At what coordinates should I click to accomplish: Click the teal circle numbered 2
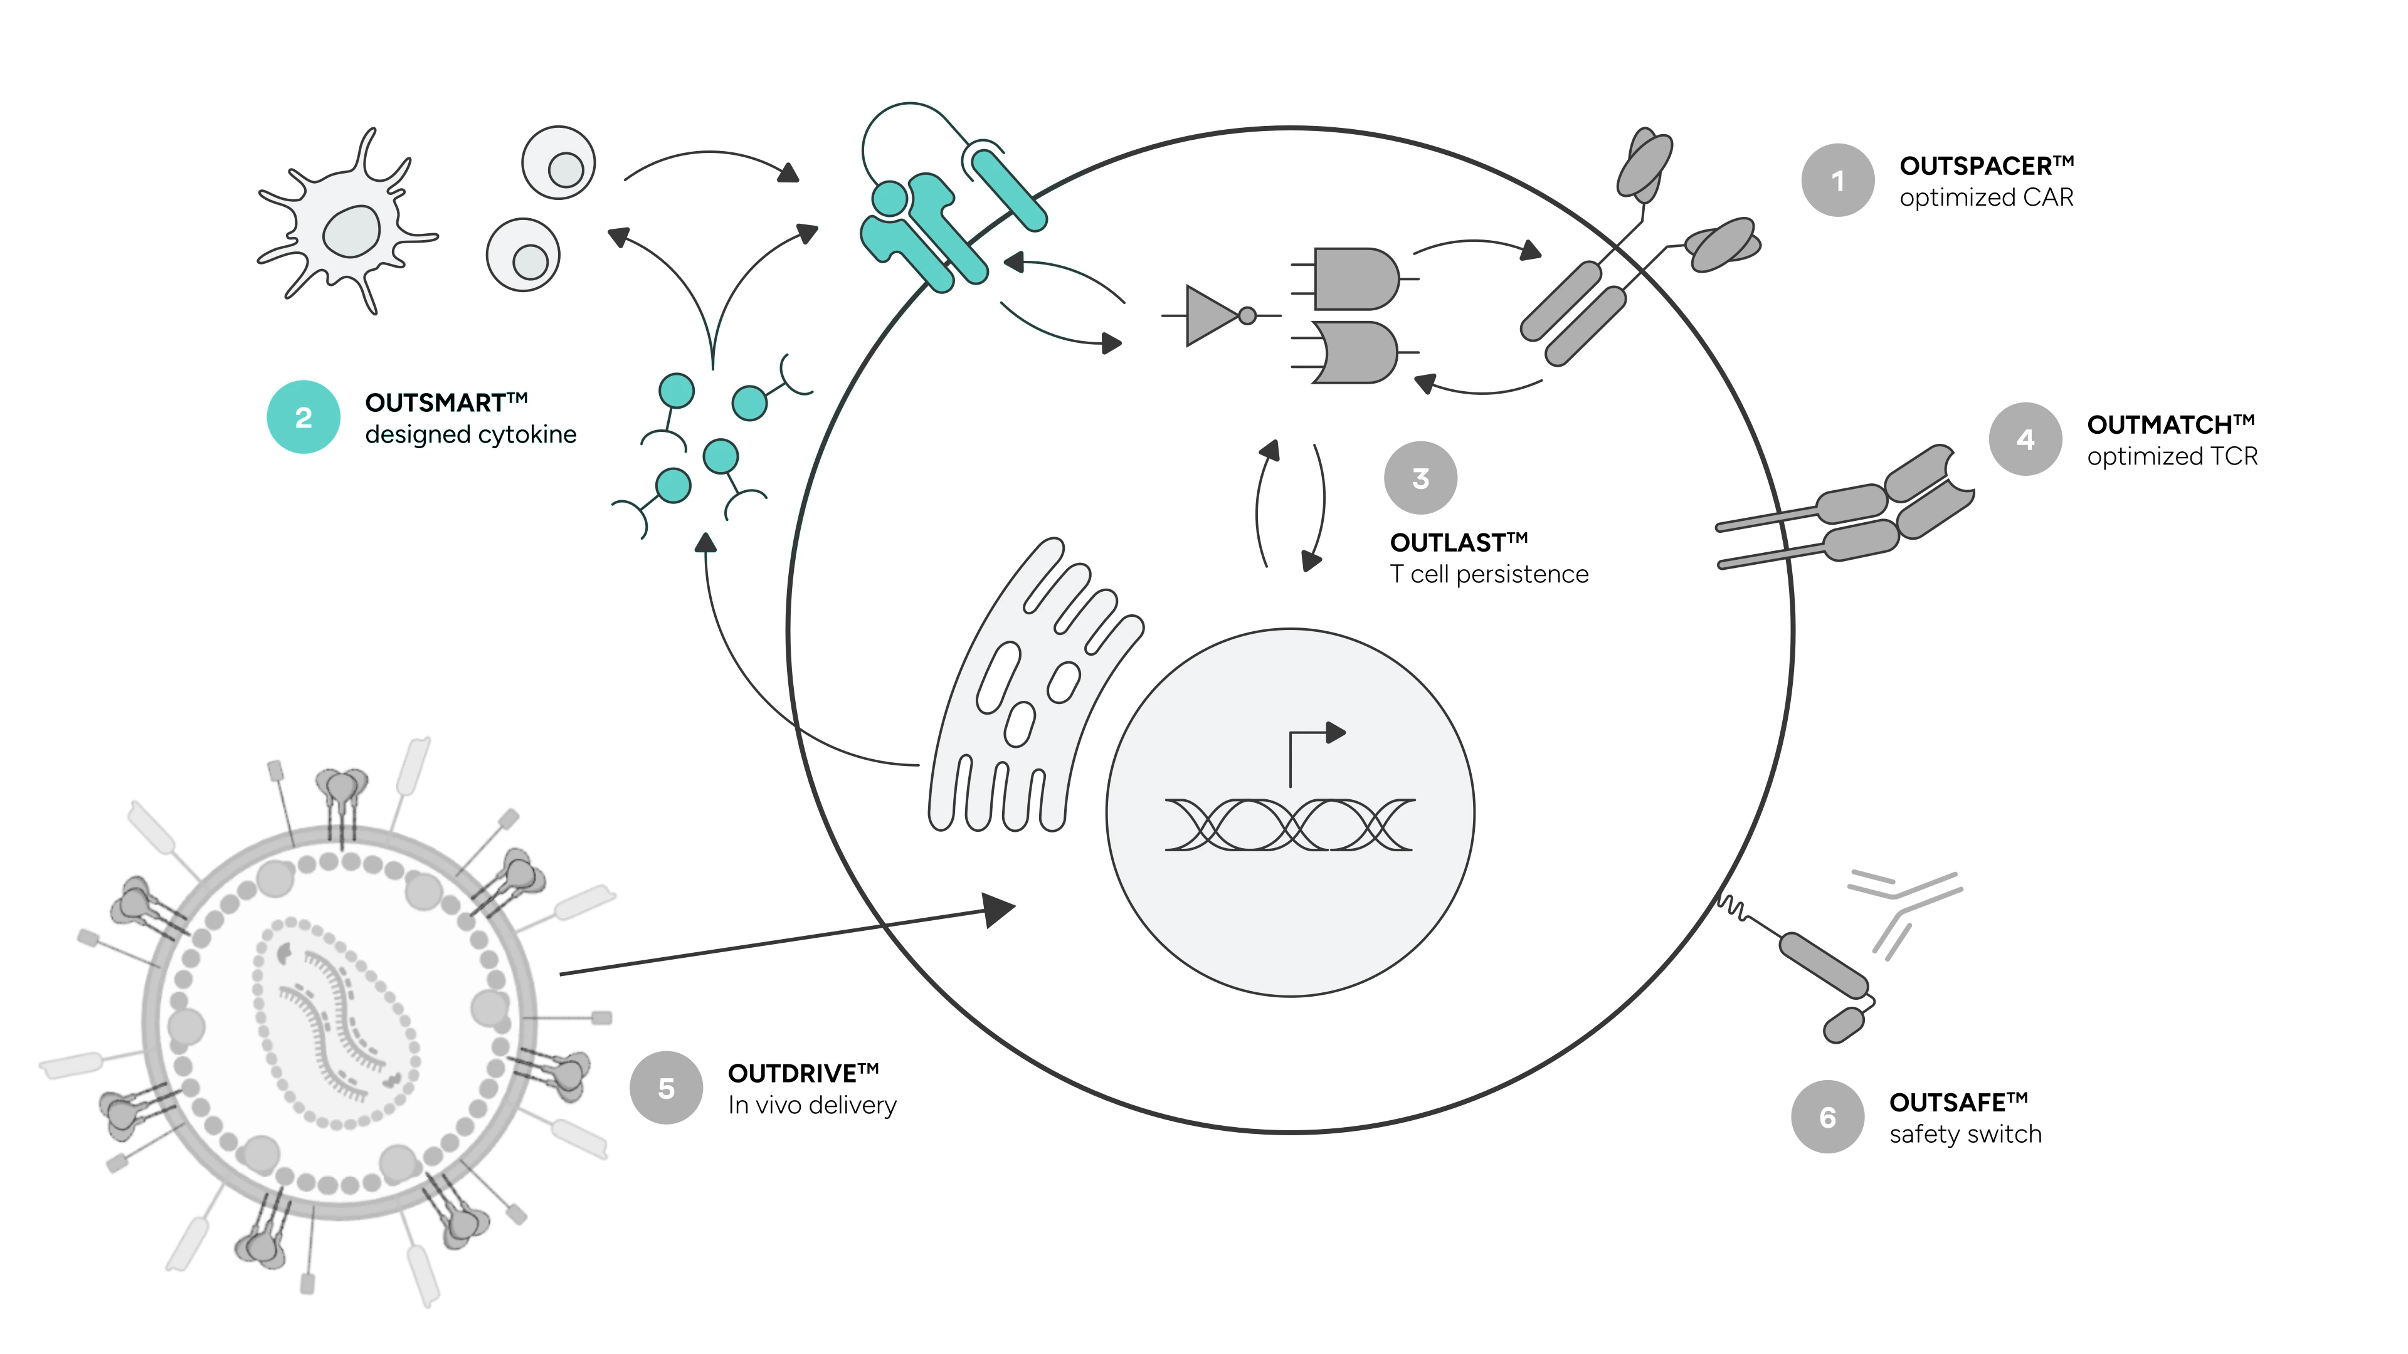[304, 417]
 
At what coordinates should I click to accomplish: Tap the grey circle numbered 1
[1838, 181]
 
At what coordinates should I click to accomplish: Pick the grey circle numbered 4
[2025, 439]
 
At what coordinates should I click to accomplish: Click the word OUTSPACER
[1975, 166]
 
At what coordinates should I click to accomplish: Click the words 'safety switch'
[1965, 1135]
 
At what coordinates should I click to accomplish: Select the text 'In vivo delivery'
[812, 1105]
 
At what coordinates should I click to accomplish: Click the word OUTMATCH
[2159, 425]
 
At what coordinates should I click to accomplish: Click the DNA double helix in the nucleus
[1290, 824]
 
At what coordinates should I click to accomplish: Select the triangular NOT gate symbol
[1212, 316]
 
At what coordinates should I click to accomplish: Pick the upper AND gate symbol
[1354, 278]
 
